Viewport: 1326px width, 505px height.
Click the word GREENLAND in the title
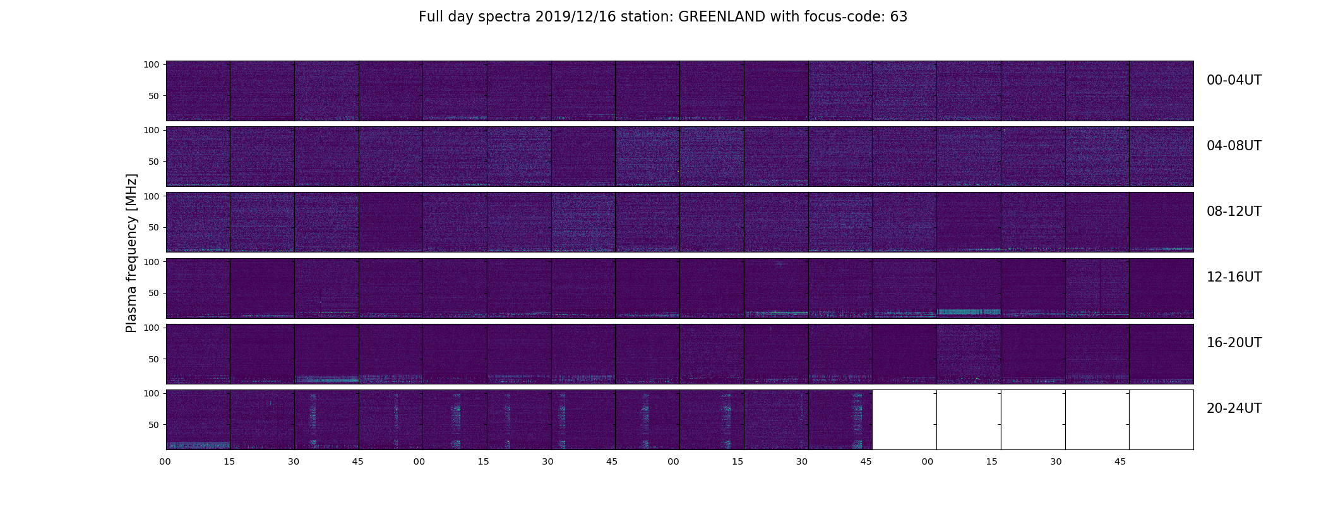(722, 17)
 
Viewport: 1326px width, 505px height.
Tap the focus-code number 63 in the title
(899, 17)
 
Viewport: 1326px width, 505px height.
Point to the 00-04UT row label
(1234, 80)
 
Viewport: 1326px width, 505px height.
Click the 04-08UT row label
(1234, 146)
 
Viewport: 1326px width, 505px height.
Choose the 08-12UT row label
(1234, 211)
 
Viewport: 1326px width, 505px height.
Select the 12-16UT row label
(1234, 277)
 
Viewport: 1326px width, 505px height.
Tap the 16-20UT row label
(1234, 343)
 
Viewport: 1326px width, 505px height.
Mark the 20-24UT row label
(1234, 408)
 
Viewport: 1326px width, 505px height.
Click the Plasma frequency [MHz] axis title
(131, 253)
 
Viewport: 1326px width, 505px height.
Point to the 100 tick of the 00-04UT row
(152, 64)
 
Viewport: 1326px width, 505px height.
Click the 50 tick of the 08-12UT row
(154, 227)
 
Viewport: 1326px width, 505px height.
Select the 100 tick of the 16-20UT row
(152, 328)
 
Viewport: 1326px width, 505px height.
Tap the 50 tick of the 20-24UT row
(154, 425)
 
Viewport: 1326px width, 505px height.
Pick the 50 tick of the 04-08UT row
(154, 162)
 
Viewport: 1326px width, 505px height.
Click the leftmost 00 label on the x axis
(165, 461)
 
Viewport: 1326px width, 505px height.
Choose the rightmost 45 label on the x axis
(1120, 461)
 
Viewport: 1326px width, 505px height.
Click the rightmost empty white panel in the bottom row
(1161, 420)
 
